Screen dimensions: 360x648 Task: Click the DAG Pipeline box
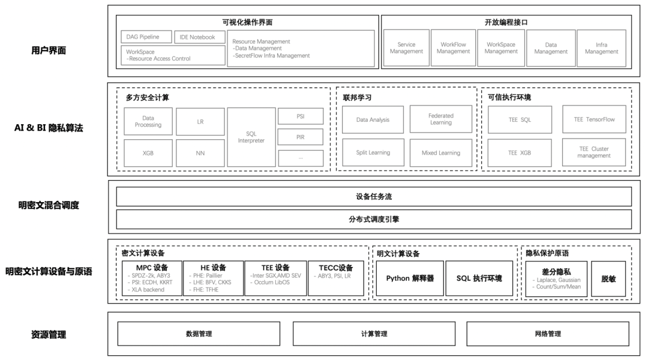(x=146, y=37)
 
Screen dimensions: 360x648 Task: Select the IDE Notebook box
(x=197, y=37)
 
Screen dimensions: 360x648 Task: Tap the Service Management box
(x=406, y=48)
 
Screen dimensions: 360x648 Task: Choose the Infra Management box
(x=601, y=48)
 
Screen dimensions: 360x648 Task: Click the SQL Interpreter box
(x=251, y=137)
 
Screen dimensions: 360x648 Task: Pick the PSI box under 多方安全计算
(x=300, y=116)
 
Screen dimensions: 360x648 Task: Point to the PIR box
(x=300, y=137)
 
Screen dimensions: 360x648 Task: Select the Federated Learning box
(x=441, y=119)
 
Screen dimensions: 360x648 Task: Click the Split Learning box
(x=373, y=152)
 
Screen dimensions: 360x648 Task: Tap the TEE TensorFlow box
(x=593, y=119)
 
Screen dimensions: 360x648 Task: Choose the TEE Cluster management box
(x=593, y=152)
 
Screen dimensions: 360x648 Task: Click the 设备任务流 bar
(x=373, y=197)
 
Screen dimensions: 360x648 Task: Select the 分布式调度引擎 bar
(x=373, y=220)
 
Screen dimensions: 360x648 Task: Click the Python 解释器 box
(x=410, y=278)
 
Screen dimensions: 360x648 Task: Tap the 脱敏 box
(x=608, y=278)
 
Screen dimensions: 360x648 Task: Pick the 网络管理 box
(x=548, y=334)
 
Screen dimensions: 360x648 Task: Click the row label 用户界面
(x=49, y=50)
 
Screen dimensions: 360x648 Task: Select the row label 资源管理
(x=49, y=334)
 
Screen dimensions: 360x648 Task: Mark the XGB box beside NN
(x=148, y=153)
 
